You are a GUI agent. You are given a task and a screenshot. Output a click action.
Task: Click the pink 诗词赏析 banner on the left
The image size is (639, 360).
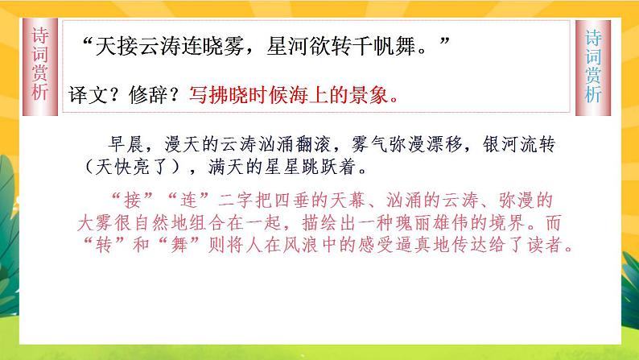click(x=39, y=65)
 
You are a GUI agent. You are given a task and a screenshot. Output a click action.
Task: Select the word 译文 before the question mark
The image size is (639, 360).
click(x=86, y=94)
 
